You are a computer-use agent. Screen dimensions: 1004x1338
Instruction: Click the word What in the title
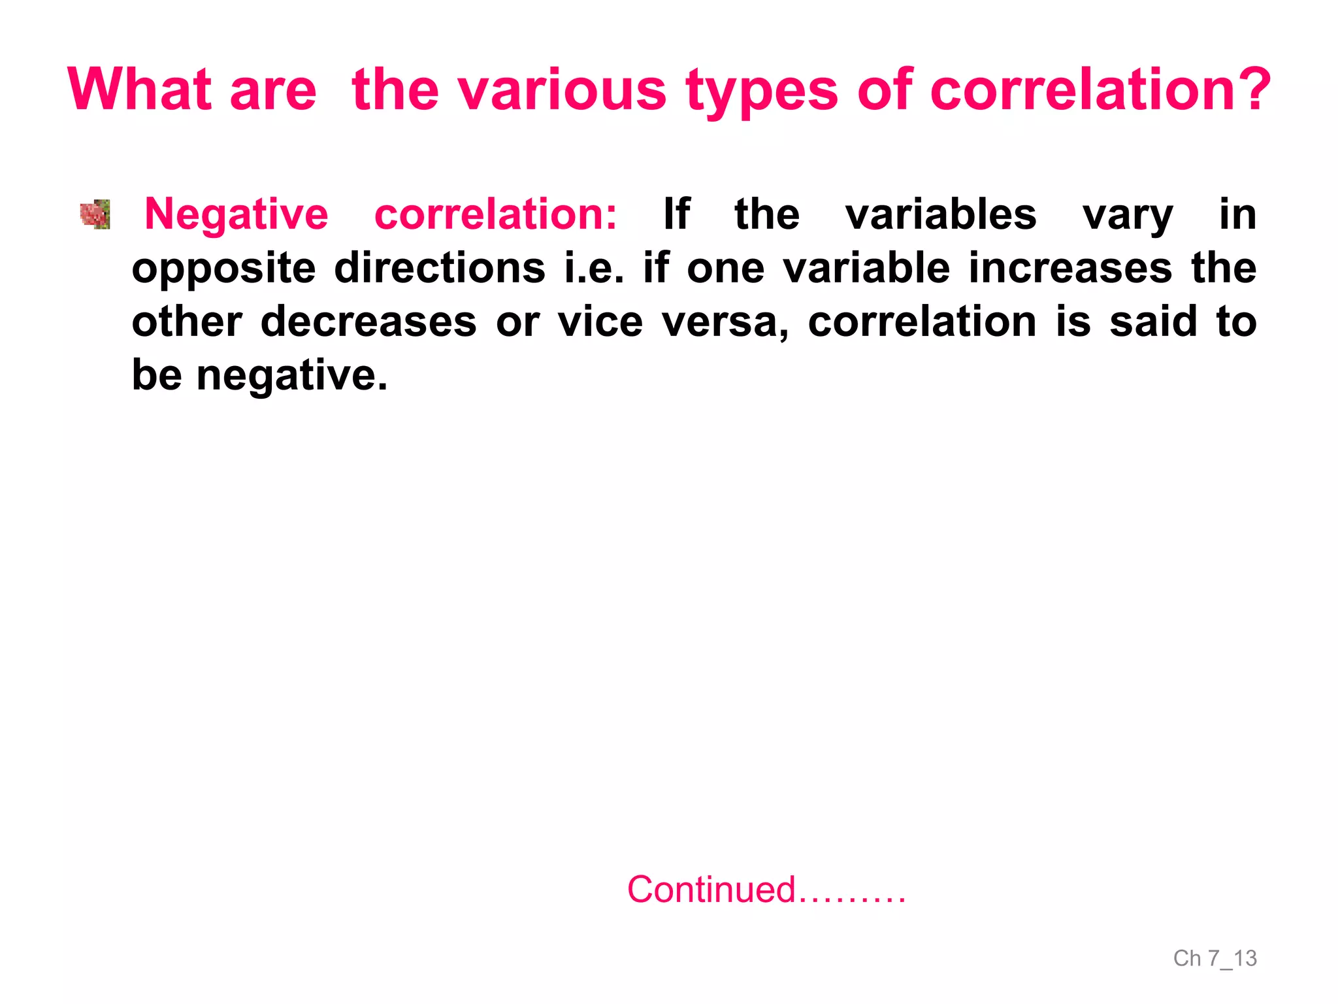[x=139, y=90]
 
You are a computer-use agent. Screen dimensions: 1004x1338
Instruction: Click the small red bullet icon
[x=95, y=214]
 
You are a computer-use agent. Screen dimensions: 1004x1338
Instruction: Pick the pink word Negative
[x=236, y=215]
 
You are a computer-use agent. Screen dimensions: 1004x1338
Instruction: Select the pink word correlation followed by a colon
[x=495, y=214]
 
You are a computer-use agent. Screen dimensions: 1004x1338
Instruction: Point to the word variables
[x=941, y=214]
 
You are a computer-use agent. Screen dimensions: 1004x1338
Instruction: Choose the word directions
[x=439, y=268]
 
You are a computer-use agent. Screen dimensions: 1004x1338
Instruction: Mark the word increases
[x=1070, y=268]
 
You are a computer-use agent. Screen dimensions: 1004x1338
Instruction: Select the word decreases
[x=368, y=322]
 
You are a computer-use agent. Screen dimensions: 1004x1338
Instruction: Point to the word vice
[x=600, y=322]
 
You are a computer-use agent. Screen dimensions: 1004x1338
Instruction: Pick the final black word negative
[x=292, y=376]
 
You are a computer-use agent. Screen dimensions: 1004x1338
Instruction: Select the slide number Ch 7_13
[x=1215, y=958]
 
